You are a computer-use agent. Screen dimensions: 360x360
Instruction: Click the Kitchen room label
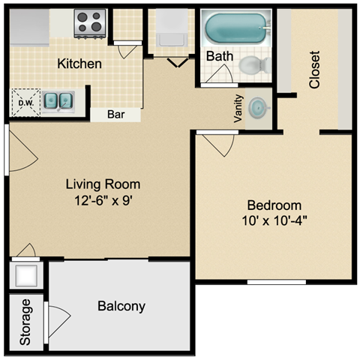(79, 64)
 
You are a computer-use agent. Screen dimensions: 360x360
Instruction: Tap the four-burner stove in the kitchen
(90, 23)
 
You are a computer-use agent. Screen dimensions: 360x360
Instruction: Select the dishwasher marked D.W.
(25, 103)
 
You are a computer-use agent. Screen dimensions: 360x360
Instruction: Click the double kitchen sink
(58, 101)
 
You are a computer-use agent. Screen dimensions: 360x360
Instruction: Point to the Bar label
(116, 115)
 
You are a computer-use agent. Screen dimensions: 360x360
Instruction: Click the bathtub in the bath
(236, 28)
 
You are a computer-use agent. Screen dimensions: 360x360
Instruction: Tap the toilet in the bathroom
(254, 64)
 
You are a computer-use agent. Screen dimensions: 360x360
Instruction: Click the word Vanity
(238, 109)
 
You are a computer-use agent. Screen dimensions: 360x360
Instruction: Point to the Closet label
(314, 70)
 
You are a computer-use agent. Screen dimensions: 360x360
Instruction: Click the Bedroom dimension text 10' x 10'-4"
(274, 220)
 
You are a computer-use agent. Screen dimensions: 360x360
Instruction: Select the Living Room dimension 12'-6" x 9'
(103, 200)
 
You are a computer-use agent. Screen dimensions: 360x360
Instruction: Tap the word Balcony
(121, 306)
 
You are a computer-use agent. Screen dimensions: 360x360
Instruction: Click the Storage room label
(25, 322)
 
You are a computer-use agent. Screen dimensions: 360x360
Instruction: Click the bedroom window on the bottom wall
(277, 282)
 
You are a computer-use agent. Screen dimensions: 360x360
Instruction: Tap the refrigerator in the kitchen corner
(29, 28)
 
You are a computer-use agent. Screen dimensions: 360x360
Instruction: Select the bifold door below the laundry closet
(178, 62)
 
